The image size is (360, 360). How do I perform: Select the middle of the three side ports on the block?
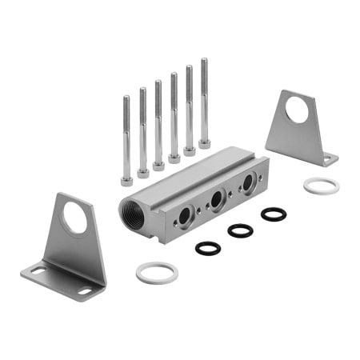tap(216, 199)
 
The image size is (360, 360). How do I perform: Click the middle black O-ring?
tap(240, 230)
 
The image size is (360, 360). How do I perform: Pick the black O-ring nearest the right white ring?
tap(273, 214)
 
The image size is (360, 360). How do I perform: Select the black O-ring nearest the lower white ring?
tap(208, 248)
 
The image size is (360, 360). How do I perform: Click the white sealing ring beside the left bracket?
tap(157, 272)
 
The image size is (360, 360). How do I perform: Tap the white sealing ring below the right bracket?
tap(322, 186)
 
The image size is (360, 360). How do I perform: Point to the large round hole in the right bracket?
tap(298, 110)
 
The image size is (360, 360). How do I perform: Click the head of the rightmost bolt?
tap(204, 143)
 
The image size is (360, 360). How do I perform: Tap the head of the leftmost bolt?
tap(126, 181)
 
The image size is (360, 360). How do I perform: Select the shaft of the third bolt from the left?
tap(158, 120)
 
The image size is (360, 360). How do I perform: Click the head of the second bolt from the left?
tap(142, 172)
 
